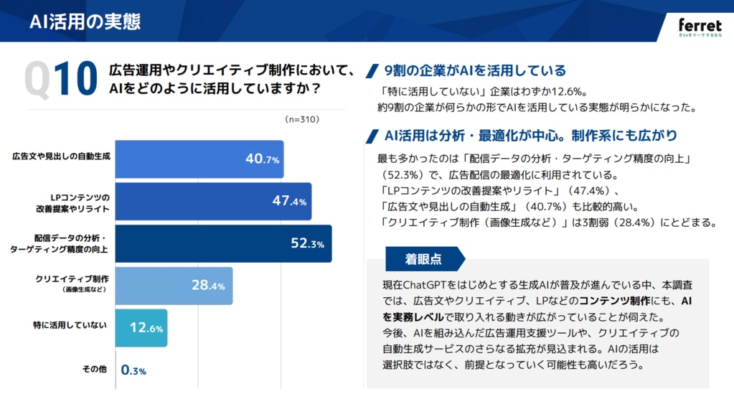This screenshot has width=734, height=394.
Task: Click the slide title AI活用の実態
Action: [85, 21]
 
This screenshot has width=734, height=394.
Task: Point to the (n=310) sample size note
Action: [301, 119]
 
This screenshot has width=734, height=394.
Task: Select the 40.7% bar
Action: [199, 159]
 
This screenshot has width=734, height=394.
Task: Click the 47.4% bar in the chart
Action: [213, 201]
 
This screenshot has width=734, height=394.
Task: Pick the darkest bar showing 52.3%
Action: [223, 243]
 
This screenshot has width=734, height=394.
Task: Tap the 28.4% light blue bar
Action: [173, 285]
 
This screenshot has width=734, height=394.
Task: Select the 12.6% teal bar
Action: [141, 327]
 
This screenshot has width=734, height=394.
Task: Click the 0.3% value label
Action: [133, 370]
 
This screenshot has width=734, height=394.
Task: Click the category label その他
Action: [94, 370]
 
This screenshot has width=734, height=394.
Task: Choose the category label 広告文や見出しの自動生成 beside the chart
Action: [61, 156]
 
